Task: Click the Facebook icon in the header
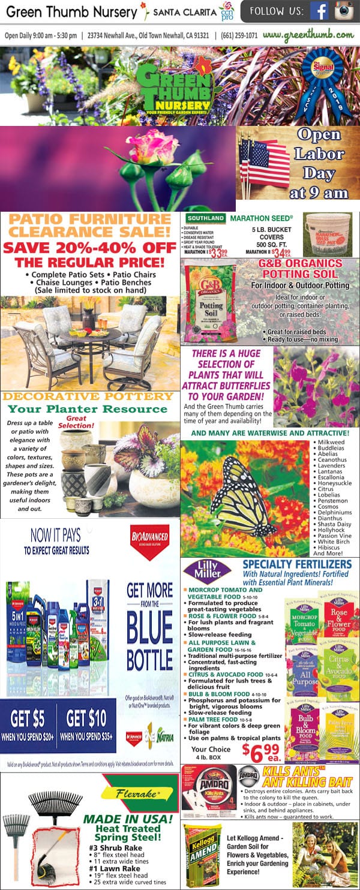319,11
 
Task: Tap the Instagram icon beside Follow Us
344,11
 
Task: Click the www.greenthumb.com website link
308,35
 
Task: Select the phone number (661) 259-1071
238,35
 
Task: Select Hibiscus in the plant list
328,548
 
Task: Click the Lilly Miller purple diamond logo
208,571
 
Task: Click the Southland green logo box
205,218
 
